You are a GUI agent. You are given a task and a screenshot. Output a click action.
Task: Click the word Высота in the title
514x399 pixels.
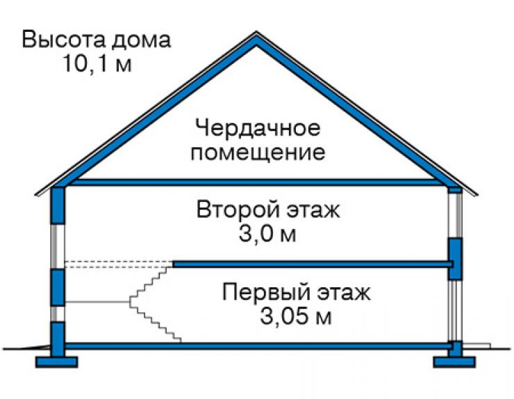[64, 40]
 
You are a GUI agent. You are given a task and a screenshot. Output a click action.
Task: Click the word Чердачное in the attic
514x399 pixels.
[257, 128]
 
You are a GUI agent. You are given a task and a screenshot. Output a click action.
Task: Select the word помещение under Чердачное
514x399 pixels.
[258, 153]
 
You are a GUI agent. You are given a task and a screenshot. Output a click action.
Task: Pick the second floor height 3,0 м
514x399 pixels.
[267, 234]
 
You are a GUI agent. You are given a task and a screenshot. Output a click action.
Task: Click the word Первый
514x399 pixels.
[266, 292]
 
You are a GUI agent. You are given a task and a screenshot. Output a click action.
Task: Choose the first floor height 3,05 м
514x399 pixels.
[296, 316]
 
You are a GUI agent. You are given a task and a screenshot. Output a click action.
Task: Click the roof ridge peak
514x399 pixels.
[256, 33]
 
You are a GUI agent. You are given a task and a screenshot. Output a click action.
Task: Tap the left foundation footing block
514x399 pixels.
[56, 362]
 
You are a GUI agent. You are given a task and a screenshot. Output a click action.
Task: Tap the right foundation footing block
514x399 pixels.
[454, 362]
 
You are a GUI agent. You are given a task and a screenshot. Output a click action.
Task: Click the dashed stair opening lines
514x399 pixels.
[119, 264]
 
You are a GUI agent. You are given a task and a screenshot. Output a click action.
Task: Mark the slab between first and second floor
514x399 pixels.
[313, 264]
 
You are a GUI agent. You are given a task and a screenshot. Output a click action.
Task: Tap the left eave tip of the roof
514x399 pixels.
[35, 195]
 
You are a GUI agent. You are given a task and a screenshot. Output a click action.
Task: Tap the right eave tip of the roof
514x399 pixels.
[477, 195]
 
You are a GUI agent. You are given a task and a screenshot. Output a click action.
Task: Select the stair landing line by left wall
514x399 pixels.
[97, 302]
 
